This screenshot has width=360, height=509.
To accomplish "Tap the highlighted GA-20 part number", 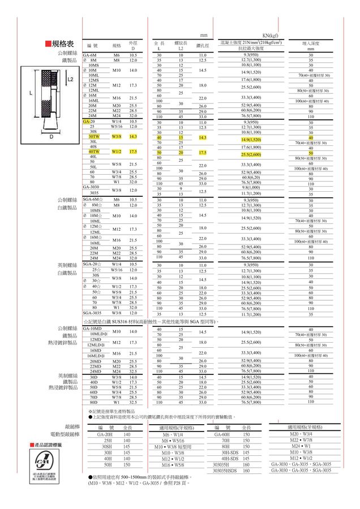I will [x=89, y=122].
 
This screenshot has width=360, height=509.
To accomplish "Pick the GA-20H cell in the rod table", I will [x=104, y=434].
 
